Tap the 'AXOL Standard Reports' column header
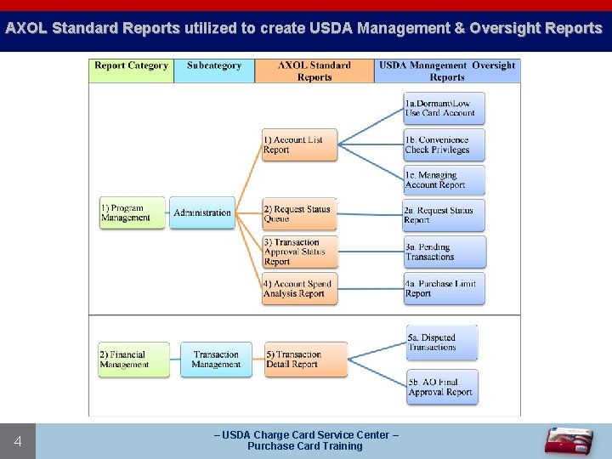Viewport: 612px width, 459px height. click(x=314, y=71)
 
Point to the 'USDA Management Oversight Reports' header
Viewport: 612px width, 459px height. click(x=447, y=71)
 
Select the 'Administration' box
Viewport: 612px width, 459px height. click(x=202, y=212)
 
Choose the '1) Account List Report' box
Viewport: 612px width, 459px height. click(x=299, y=144)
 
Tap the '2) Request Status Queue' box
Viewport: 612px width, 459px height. click(x=299, y=214)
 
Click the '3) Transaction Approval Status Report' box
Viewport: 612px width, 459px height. click(x=299, y=252)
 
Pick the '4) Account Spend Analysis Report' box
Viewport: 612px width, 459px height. click(x=299, y=289)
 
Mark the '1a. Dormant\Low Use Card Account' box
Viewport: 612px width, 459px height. click(x=444, y=108)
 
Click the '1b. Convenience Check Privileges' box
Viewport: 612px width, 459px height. click(x=444, y=144)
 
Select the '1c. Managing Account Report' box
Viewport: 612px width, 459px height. click(x=444, y=179)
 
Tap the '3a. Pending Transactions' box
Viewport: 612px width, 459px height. click(x=444, y=252)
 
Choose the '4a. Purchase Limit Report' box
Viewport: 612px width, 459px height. click(x=444, y=288)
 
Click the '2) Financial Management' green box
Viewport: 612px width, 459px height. click(x=133, y=360)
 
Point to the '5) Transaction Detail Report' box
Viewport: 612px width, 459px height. click(x=305, y=360)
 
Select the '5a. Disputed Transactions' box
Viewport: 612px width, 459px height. click(x=442, y=342)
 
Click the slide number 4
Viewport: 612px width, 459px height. click(x=18, y=441)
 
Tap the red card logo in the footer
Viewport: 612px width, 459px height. click(x=569, y=440)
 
